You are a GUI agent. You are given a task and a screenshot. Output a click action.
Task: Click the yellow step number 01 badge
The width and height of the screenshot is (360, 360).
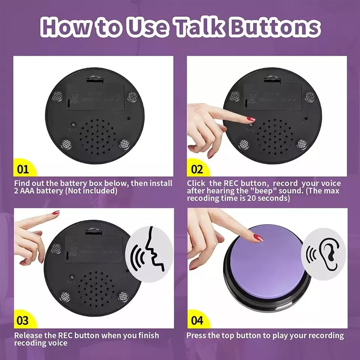point(22,170)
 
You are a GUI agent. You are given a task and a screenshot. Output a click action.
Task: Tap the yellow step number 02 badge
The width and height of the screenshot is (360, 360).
point(197,170)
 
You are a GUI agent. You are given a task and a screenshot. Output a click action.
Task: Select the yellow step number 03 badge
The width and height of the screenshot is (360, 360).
point(22,321)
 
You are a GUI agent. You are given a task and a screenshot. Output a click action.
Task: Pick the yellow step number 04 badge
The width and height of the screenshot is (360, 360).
point(197,321)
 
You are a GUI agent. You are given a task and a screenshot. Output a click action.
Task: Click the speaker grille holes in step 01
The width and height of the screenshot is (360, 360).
point(97,135)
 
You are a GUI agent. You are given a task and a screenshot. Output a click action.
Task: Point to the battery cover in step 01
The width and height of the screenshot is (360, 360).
point(94,96)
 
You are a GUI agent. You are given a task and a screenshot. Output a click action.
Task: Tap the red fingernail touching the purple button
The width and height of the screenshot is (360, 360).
point(258,237)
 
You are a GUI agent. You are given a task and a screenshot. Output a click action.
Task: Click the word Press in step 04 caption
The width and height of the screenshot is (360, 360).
point(197,335)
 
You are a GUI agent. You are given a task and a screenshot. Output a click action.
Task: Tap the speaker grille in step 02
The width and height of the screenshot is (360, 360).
point(272,135)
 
